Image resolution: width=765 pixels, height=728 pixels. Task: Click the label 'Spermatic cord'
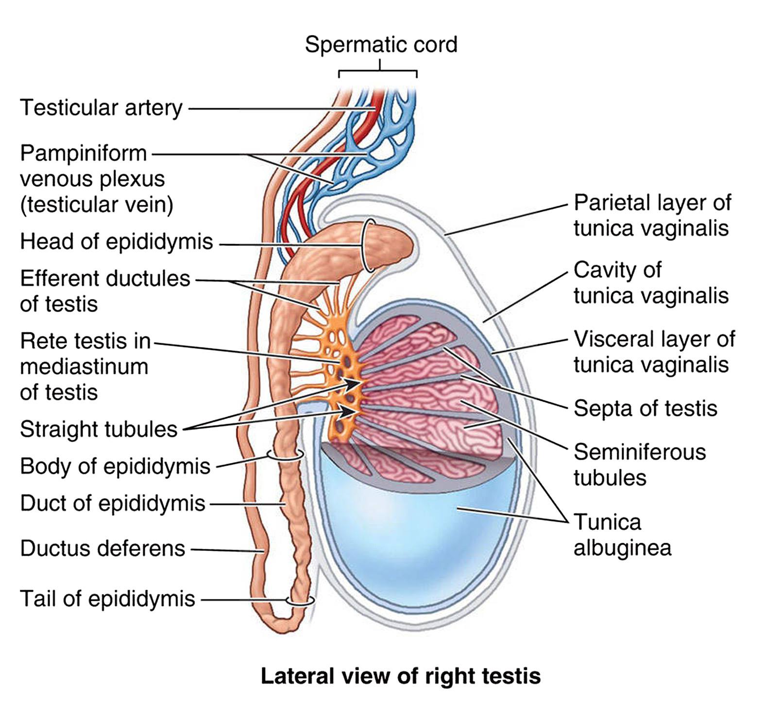click(x=381, y=45)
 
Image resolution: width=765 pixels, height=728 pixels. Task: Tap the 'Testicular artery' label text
click(x=101, y=108)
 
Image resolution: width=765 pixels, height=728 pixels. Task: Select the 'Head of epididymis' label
click(x=117, y=242)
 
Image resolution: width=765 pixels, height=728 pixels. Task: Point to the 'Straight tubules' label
click(x=99, y=430)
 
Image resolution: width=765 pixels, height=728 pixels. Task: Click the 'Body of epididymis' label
click(x=115, y=466)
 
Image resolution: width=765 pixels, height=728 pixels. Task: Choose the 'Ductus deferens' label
click(x=102, y=548)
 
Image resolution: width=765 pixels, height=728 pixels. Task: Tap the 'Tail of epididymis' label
click(x=107, y=599)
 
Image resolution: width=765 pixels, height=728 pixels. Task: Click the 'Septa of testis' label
click(x=646, y=408)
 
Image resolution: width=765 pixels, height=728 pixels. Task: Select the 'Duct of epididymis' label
click(x=113, y=504)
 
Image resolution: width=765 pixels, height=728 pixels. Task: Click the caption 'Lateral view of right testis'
click(x=401, y=676)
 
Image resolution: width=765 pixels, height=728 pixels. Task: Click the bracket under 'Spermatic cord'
click(x=378, y=71)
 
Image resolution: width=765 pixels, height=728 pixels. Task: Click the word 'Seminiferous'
click(x=640, y=452)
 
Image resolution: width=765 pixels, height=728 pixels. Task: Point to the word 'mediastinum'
click(x=84, y=366)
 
